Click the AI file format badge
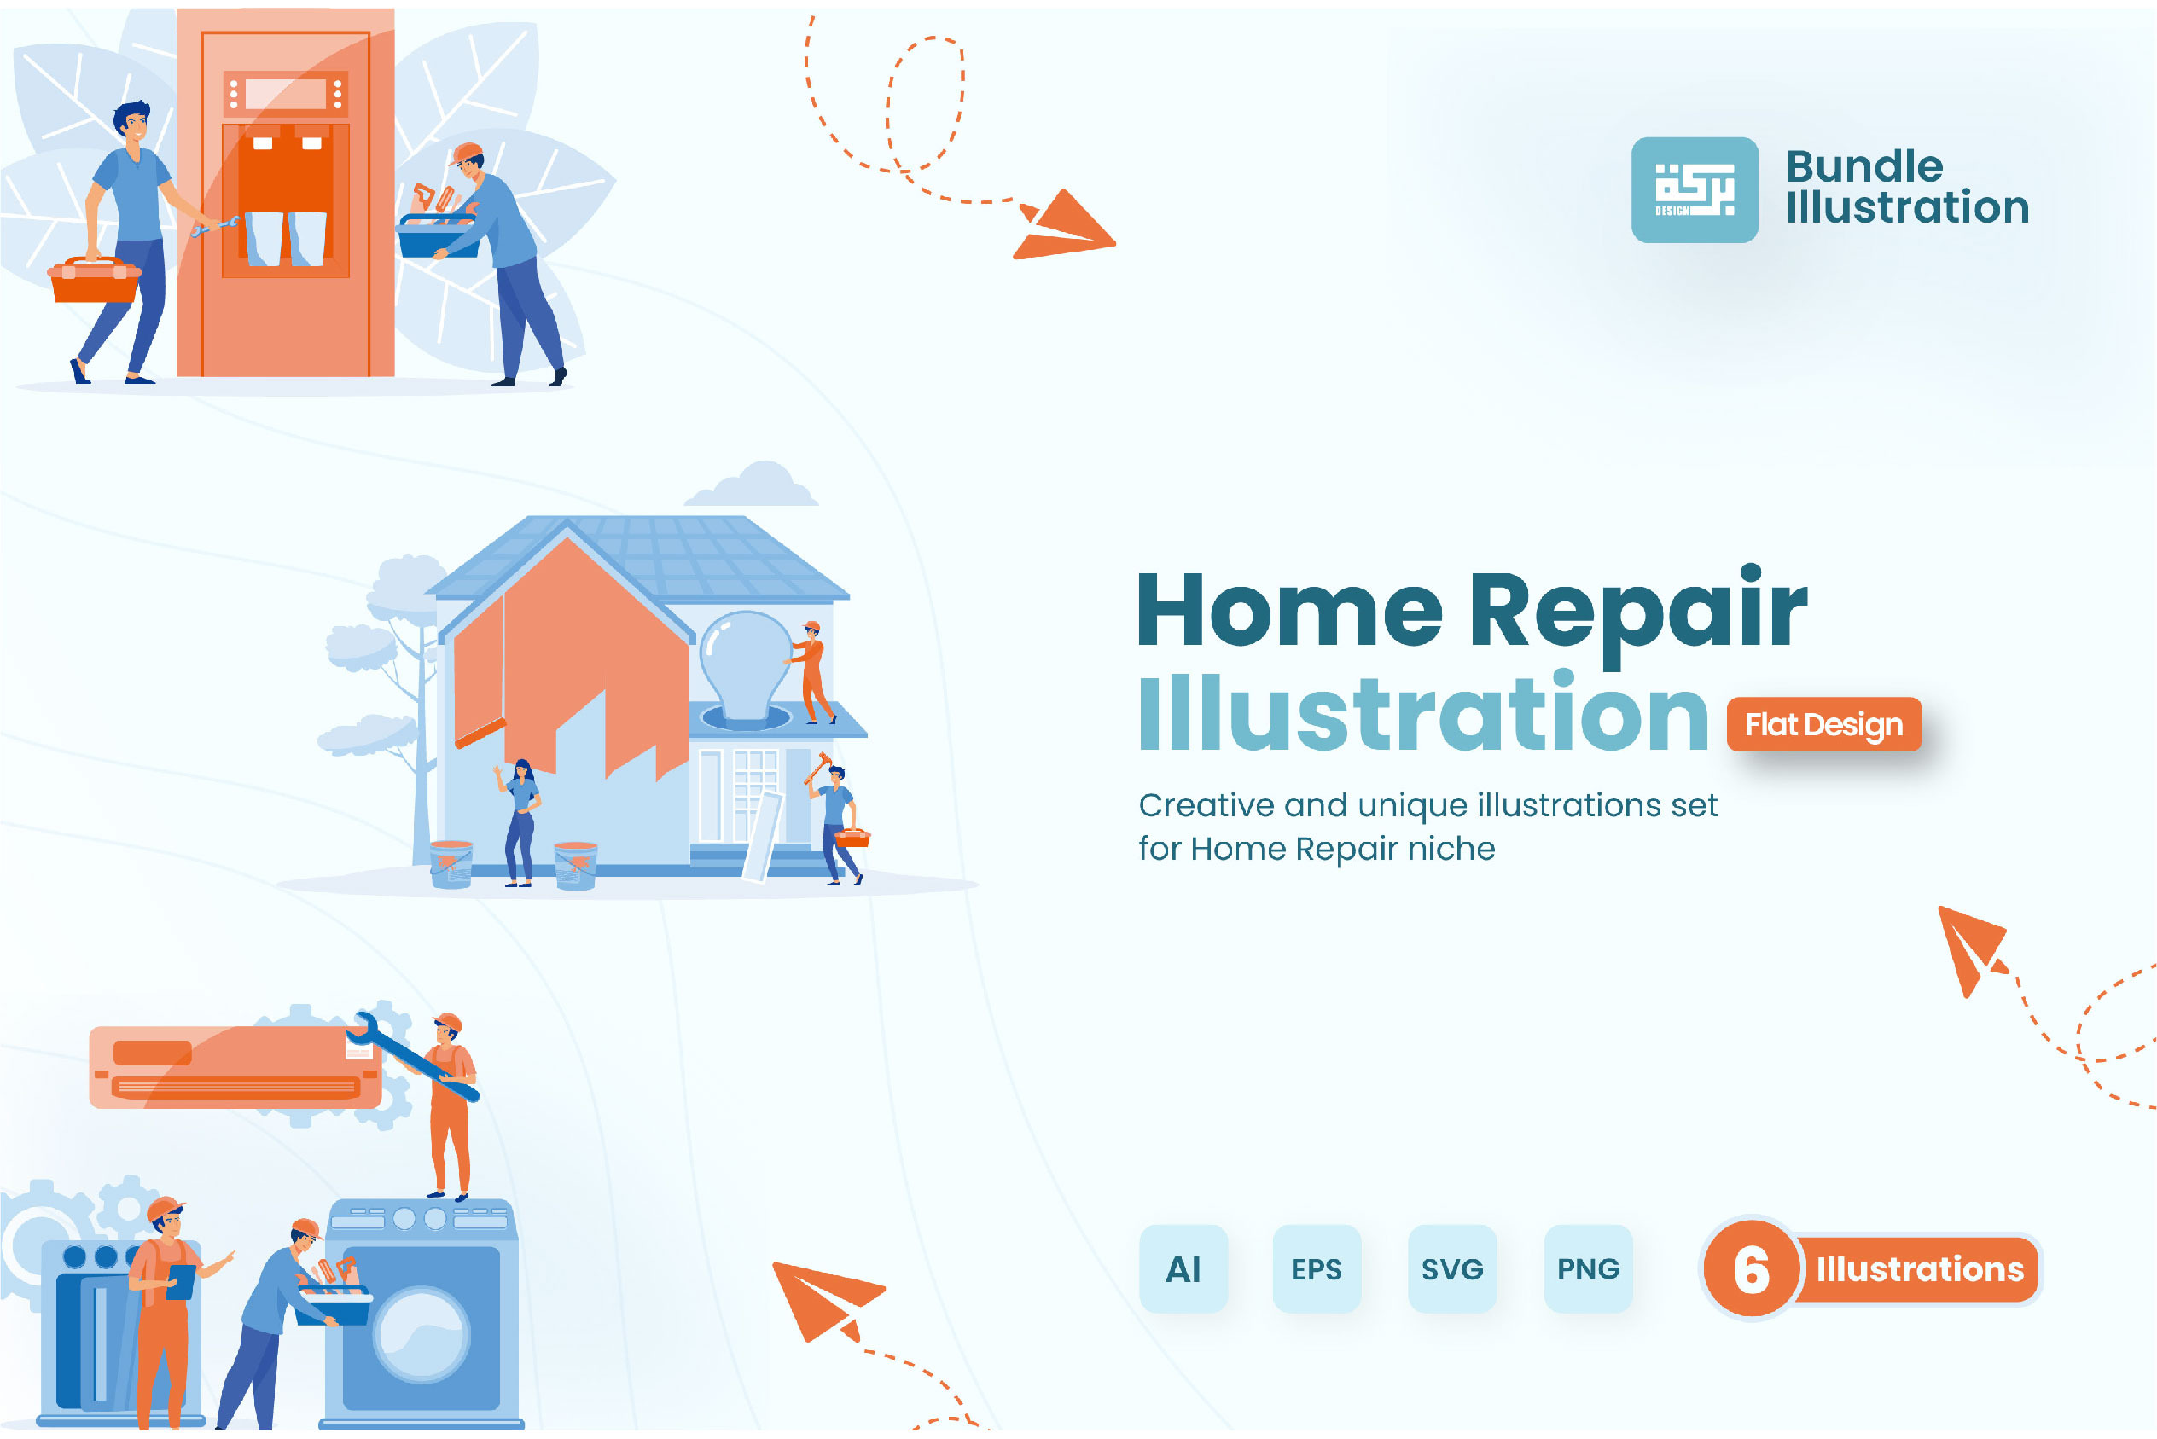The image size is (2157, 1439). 1183,1268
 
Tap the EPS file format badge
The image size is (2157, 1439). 1317,1268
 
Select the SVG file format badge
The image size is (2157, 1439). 1452,1268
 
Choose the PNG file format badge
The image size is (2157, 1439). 1588,1268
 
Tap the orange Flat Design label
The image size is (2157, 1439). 1824,724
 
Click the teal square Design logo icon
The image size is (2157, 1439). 1695,190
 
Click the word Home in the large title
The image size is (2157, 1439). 1289,608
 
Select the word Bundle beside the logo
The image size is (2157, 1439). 1864,167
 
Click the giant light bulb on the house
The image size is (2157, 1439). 746,667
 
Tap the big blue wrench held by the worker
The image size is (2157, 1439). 416,1055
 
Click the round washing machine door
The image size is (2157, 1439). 422,1334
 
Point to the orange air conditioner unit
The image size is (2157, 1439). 235,1066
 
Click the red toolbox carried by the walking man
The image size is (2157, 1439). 94,280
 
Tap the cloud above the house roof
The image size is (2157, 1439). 751,485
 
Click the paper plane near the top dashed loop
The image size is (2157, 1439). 1065,226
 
